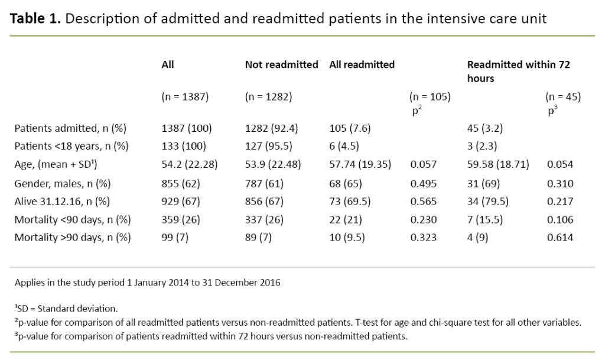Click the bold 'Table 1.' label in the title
(x=35, y=18)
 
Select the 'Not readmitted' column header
(x=281, y=64)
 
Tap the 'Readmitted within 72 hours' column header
(x=518, y=71)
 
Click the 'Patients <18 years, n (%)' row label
(x=71, y=146)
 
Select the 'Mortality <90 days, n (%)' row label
(x=72, y=219)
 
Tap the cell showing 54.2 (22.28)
(x=190, y=165)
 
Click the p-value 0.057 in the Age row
(x=424, y=165)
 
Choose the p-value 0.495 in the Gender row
(x=424, y=184)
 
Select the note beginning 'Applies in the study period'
(x=148, y=283)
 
